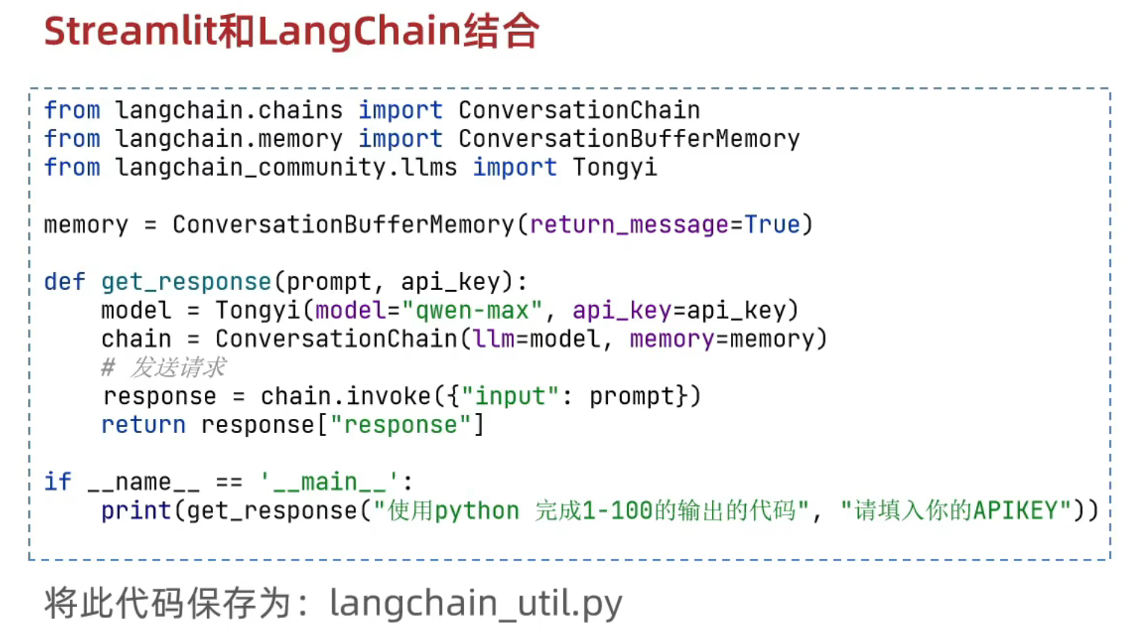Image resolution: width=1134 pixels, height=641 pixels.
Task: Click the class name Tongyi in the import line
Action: click(x=615, y=168)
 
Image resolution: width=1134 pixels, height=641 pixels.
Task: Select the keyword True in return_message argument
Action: click(x=772, y=225)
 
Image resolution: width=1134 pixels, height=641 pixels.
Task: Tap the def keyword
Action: click(x=64, y=282)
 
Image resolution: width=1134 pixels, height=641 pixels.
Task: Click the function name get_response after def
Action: click(x=186, y=282)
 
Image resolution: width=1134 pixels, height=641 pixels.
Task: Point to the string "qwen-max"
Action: click(x=472, y=311)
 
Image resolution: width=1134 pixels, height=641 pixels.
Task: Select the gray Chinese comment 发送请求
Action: click(x=178, y=367)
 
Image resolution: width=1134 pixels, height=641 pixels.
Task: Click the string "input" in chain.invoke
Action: click(x=510, y=397)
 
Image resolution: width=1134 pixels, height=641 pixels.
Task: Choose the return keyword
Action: click(x=143, y=425)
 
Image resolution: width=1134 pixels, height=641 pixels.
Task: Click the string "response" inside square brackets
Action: click(x=400, y=425)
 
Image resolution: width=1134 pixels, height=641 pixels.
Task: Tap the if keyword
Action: click(x=57, y=482)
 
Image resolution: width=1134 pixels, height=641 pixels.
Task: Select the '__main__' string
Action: click(x=329, y=482)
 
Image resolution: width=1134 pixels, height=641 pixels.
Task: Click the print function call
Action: click(x=136, y=511)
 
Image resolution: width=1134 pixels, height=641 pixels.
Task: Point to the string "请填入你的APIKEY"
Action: click(x=956, y=511)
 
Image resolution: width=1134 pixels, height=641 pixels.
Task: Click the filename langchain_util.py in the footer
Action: click(x=475, y=604)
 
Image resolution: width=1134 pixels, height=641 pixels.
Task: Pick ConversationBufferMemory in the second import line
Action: click(x=628, y=139)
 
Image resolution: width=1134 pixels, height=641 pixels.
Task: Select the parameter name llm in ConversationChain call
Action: click(x=493, y=340)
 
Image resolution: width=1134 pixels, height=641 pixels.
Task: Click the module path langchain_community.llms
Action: click(x=286, y=168)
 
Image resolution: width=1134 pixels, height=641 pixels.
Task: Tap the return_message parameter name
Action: click(x=629, y=225)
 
